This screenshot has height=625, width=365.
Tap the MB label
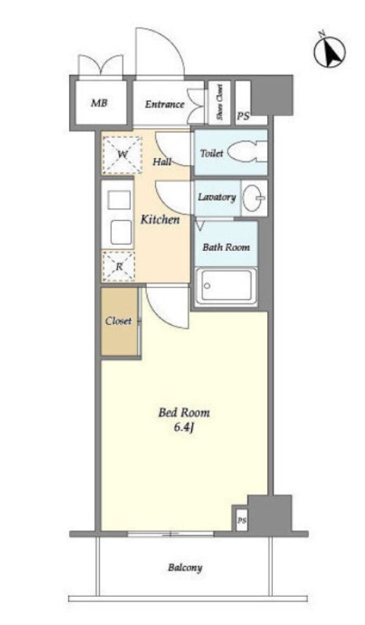(x=99, y=103)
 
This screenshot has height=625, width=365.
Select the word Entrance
(x=165, y=105)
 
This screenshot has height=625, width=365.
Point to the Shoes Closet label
(x=219, y=102)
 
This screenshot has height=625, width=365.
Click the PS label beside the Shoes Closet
(x=243, y=116)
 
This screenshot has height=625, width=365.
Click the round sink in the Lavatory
(x=254, y=198)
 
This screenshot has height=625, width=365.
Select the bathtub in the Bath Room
(x=226, y=286)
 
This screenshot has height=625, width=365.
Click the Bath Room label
(x=226, y=247)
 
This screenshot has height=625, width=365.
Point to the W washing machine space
(x=122, y=155)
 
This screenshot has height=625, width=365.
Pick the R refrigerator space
(x=118, y=266)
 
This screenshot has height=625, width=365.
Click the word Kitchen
(x=160, y=219)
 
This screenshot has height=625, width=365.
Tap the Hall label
(x=162, y=162)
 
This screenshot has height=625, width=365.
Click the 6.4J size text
(x=184, y=427)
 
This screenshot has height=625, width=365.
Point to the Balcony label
(x=185, y=567)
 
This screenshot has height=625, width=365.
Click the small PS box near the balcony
(x=242, y=520)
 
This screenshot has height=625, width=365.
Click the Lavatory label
(x=217, y=197)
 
